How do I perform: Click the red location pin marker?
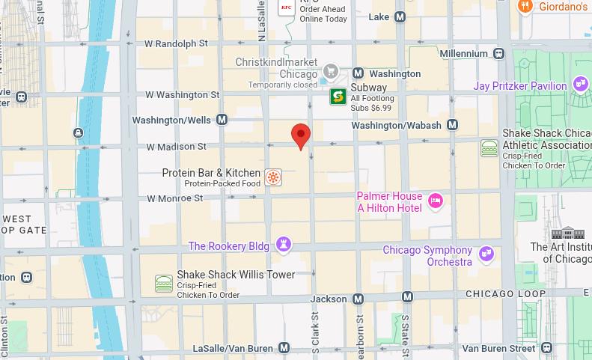pos(301,136)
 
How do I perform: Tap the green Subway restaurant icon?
pos(338,97)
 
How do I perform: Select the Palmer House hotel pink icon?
pos(436,200)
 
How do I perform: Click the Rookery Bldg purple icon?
pos(284,245)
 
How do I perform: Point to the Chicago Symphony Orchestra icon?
pos(486,254)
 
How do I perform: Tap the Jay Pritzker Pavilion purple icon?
pos(580,84)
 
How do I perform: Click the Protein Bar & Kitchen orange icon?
pos(274,177)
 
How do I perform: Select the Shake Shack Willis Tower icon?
pos(164,284)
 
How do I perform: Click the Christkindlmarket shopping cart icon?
pos(329,72)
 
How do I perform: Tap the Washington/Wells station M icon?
pos(222,120)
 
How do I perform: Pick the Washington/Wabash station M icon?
pos(452,125)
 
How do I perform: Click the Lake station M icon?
pos(400,16)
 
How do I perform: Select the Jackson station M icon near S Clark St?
pos(358,299)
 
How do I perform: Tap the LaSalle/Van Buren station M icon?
pos(284,348)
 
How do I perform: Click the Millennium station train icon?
pos(498,53)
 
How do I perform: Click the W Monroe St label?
pos(174,198)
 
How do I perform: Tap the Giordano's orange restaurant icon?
pos(525,7)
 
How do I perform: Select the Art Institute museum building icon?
pos(573,233)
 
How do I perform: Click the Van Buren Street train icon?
pos(547,348)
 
